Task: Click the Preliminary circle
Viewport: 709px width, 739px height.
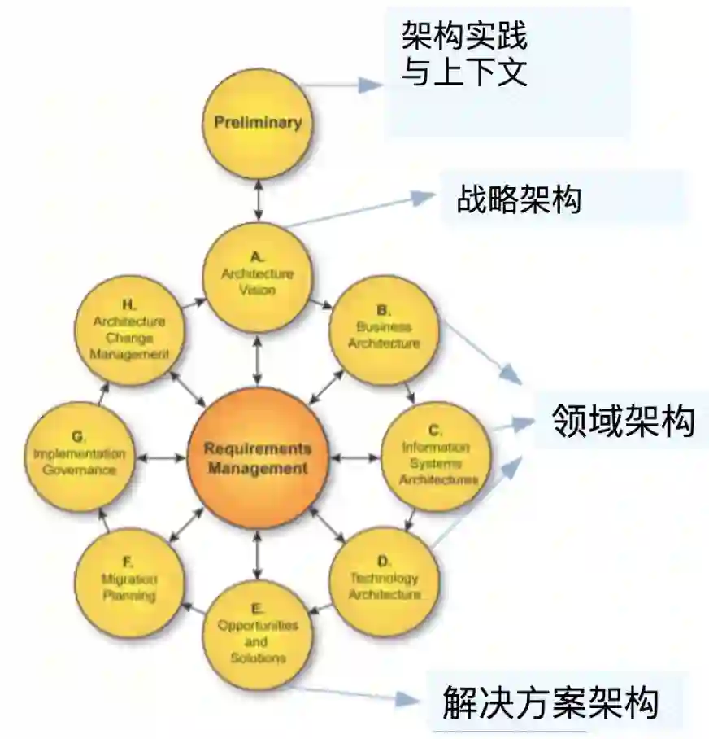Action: tap(258, 123)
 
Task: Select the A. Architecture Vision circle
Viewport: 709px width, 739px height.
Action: tap(258, 277)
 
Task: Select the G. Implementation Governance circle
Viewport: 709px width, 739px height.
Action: tap(80, 457)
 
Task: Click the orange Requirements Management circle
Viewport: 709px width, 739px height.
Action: tap(258, 457)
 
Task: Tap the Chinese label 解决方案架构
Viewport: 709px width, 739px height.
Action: tap(550, 702)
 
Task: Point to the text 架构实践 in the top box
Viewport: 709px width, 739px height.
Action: tap(465, 36)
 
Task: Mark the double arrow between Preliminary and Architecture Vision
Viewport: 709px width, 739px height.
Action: tap(258, 200)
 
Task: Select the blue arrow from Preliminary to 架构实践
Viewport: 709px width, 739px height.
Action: tap(345, 85)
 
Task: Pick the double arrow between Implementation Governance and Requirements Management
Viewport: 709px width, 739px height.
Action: tap(162, 457)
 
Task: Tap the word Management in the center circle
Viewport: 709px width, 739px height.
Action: tap(258, 468)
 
